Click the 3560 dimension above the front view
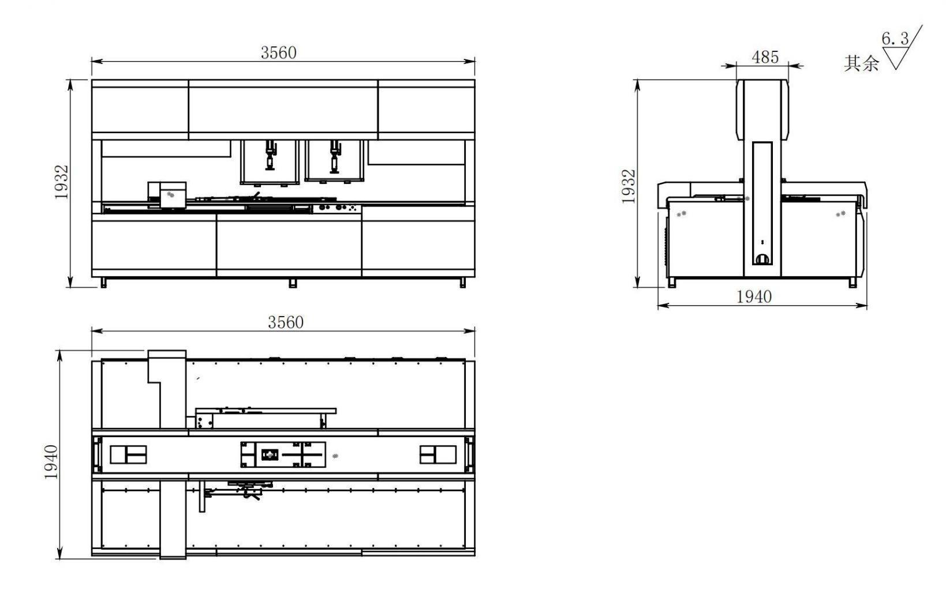(278, 52)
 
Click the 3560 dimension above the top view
(285, 322)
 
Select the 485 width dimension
(765, 57)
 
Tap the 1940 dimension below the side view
(754, 296)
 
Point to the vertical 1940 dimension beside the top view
(51, 462)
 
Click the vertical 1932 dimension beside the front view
(62, 182)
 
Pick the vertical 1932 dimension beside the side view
(629, 186)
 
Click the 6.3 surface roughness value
(894, 39)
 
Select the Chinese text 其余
(861, 63)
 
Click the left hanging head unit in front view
(270, 162)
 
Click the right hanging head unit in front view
(334, 161)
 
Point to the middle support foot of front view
(293, 283)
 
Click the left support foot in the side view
(672, 282)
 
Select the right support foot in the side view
(852, 282)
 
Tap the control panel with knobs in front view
(336, 208)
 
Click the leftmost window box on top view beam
(128, 454)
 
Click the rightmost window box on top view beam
(437, 454)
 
